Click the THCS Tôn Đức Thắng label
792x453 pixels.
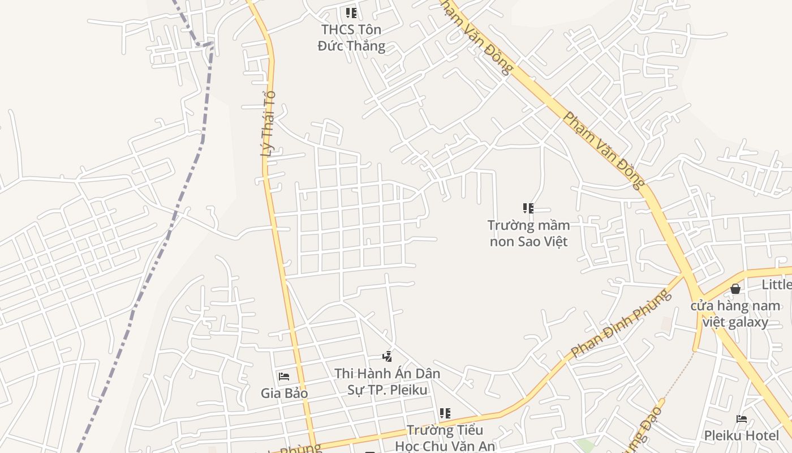(x=351, y=38)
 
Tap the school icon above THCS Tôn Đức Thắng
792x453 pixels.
(x=351, y=12)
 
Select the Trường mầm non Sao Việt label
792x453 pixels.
(x=528, y=233)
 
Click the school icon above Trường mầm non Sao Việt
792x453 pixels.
(x=528, y=208)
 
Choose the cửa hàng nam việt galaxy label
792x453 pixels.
(x=735, y=314)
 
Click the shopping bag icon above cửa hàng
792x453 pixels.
(x=735, y=289)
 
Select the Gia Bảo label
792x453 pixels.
(x=284, y=393)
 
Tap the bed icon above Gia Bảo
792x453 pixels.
(x=284, y=376)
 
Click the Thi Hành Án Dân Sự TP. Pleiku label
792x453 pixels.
(x=387, y=382)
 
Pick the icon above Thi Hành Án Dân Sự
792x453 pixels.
(x=387, y=357)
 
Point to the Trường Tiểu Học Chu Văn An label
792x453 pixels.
(x=445, y=438)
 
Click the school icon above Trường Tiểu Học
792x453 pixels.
(x=445, y=413)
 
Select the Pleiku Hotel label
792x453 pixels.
(x=741, y=435)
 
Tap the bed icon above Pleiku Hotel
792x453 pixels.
(x=742, y=419)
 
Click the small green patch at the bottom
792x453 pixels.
(x=586, y=446)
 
